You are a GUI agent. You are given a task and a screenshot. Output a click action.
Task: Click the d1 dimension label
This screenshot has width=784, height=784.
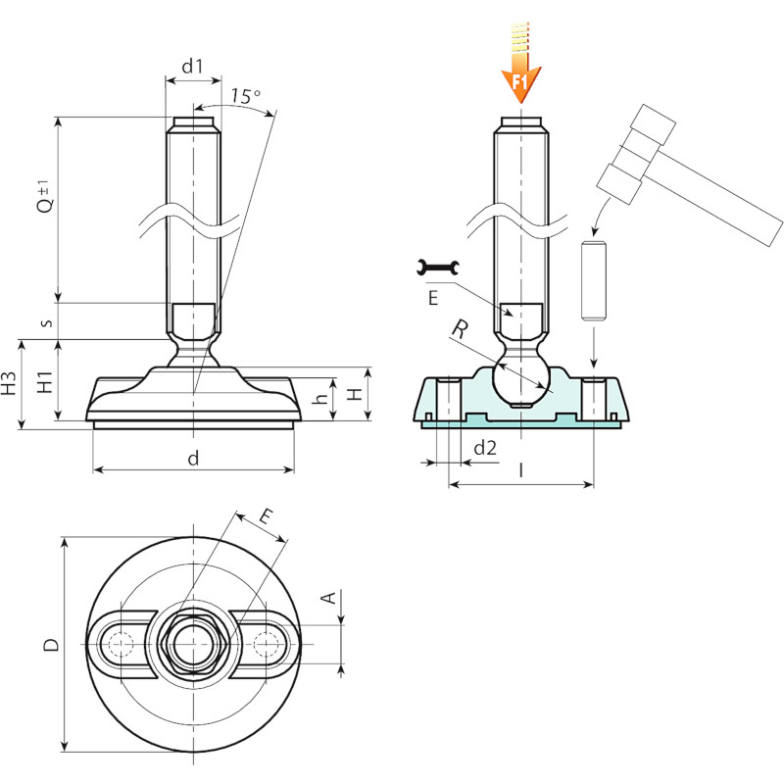click(x=192, y=66)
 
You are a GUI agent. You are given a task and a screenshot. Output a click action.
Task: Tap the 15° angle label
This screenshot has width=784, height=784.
click(x=246, y=95)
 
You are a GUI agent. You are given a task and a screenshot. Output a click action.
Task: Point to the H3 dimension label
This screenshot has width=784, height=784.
click(x=9, y=384)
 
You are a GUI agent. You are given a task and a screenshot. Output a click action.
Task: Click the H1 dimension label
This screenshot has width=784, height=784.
click(x=45, y=381)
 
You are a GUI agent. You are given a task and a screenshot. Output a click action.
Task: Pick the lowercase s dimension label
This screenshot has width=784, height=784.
click(x=46, y=322)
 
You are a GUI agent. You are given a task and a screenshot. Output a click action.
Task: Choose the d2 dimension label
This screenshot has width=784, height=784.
click(x=485, y=448)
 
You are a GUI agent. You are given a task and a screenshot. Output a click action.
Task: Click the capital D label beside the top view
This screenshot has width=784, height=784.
click(x=52, y=644)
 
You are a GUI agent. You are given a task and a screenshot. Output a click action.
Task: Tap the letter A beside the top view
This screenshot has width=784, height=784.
click(x=329, y=597)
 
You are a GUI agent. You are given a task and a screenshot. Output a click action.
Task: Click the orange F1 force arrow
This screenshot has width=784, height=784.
click(x=520, y=63)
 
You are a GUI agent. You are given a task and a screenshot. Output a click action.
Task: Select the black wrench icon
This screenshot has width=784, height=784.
click(x=437, y=268)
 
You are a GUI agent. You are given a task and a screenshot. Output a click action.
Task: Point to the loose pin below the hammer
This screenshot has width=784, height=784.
click(x=594, y=280)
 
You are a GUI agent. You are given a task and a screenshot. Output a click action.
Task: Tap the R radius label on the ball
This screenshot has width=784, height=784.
click(x=460, y=329)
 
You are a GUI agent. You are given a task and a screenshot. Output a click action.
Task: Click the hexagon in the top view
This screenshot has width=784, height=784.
click(x=193, y=644)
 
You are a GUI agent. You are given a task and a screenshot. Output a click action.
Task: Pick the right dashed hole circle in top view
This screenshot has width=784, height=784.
click(x=266, y=644)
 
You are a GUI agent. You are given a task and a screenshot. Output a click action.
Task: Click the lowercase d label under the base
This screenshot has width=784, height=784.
click(x=193, y=458)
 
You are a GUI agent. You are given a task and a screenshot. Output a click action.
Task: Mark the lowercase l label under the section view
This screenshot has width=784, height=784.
click(x=521, y=470)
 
